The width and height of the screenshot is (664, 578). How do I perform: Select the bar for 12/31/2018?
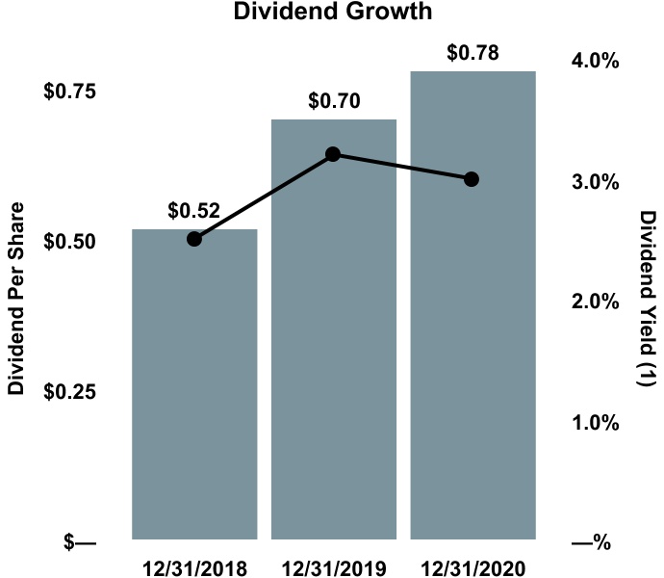[x=193, y=385]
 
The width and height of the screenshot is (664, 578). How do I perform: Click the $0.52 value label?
[x=193, y=210]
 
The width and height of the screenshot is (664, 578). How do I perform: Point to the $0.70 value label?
[x=333, y=100]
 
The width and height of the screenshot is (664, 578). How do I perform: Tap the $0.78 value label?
[x=472, y=52]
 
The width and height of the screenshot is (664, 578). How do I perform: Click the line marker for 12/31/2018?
[x=193, y=239]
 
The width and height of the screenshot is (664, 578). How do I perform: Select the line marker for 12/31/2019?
[x=333, y=154]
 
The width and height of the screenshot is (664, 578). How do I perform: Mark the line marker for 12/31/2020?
[x=472, y=179]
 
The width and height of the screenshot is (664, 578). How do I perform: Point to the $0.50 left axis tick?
[x=69, y=241]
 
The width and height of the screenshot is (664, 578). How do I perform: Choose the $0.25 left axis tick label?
[x=69, y=391]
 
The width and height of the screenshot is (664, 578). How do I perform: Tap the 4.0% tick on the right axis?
[x=595, y=62]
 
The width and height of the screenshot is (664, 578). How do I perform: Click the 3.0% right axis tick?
[x=595, y=182]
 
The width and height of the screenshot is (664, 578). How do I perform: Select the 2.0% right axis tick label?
[x=595, y=302]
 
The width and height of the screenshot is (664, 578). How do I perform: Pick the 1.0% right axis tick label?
[x=595, y=423]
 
